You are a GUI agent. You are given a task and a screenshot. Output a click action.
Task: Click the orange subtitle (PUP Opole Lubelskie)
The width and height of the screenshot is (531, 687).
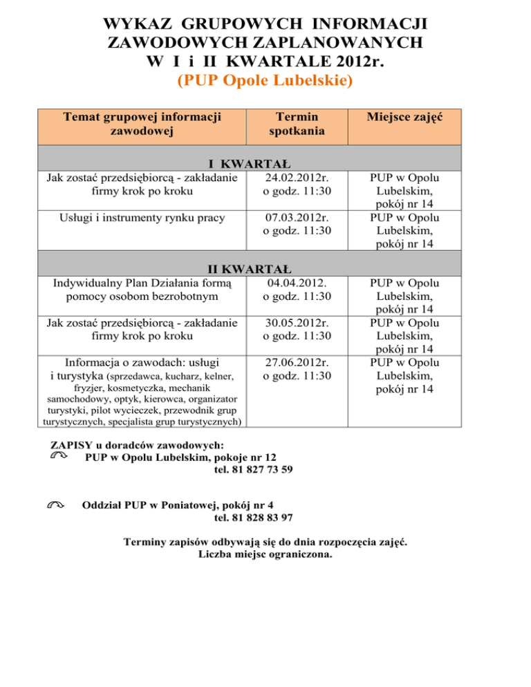(265, 81)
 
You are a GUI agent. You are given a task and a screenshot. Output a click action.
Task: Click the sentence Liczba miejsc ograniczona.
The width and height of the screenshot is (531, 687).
(265, 554)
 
